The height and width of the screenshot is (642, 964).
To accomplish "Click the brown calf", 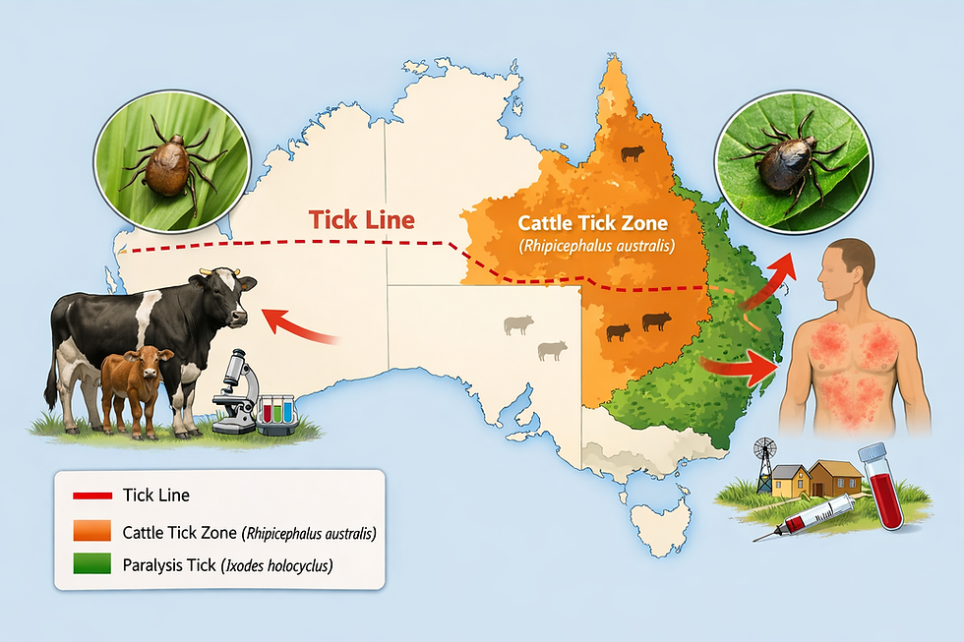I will pos(134,385).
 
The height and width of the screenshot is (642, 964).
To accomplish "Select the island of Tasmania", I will pos(657,519).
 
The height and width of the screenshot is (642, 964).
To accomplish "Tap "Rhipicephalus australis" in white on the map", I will pos(595,244).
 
